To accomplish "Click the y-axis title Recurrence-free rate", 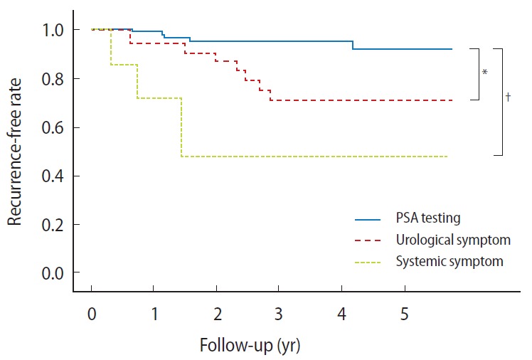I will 16,152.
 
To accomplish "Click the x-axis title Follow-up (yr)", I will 250,346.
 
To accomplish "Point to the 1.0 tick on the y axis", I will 51,30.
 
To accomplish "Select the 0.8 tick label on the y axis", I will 51,78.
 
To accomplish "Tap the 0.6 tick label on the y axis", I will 51,127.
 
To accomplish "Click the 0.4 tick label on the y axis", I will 51,176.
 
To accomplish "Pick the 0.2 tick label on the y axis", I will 51,225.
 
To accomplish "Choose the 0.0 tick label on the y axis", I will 51,273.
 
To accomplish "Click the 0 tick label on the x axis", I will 92,314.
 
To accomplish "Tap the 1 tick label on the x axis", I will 154,314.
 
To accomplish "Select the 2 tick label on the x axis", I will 217,314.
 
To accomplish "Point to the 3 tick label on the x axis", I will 280,314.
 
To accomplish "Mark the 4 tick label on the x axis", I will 342,314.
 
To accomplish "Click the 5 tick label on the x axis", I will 405,314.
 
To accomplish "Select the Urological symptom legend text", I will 452,240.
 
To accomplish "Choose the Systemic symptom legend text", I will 449,261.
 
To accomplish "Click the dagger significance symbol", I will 509,98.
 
